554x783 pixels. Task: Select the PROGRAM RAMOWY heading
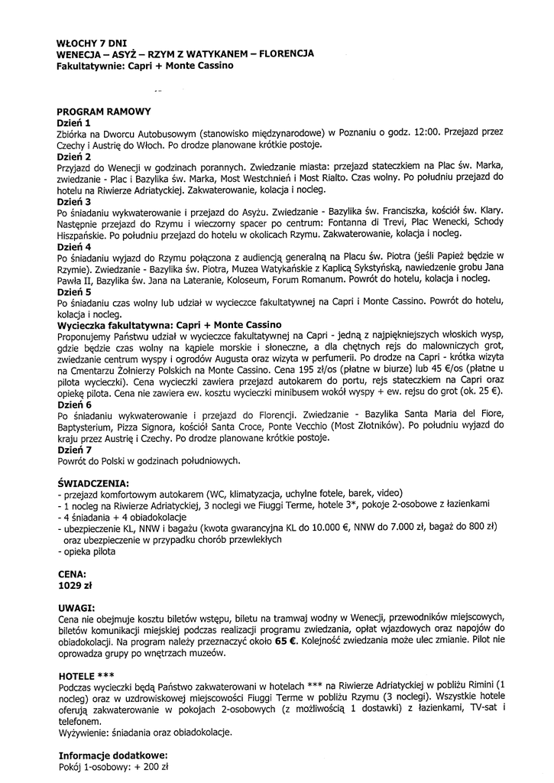104,112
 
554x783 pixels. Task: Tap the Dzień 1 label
74,122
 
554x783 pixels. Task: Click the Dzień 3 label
74,201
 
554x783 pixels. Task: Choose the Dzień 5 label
74,291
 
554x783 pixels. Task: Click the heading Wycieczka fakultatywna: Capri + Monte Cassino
170,324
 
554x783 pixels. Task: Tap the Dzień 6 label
74,404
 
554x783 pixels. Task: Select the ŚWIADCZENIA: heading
93,483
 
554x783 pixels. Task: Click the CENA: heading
72,573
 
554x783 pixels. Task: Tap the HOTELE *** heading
86,676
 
